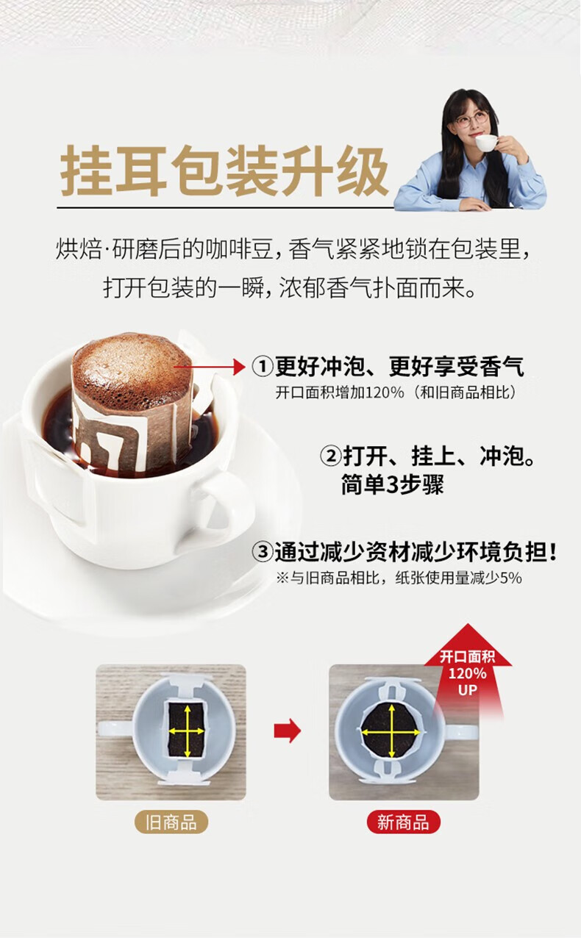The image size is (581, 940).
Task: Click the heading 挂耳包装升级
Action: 224,171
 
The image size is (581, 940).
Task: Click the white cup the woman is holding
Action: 486,142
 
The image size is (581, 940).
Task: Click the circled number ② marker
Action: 331,456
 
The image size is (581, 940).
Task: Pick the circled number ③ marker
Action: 263,551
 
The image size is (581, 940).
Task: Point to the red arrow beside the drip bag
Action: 210,367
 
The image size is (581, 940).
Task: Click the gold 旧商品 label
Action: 171,822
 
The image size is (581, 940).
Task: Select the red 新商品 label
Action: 404,822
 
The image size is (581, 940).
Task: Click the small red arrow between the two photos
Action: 288,731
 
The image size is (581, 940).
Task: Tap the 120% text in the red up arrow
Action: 467,673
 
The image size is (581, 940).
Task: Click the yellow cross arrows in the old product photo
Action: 188,731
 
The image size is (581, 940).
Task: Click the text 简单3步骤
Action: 392,485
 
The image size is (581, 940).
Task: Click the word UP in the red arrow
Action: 467,690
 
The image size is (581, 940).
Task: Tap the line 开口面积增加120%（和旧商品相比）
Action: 396,392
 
